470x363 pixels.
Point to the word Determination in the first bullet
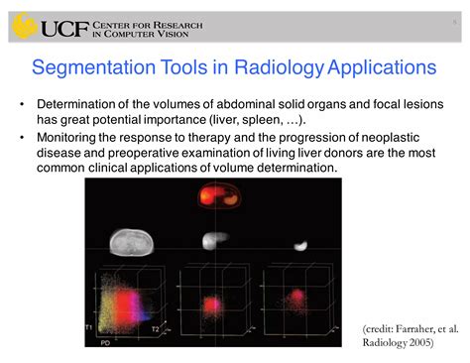pyautogui.click(x=78, y=103)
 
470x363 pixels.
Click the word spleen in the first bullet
pyautogui.click(x=283, y=119)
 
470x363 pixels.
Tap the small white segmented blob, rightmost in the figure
pyautogui.click(x=299, y=242)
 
